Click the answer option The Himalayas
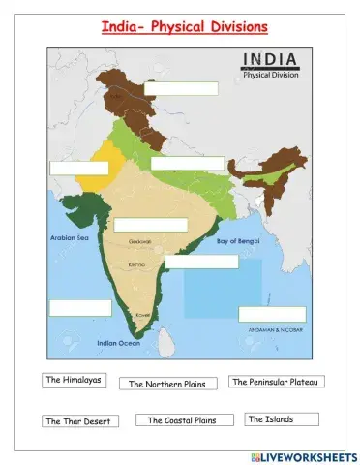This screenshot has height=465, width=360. [x=74, y=380]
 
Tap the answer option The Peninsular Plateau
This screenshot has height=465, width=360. [x=276, y=382]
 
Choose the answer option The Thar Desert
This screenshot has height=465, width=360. [x=80, y=421]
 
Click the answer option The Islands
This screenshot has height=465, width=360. [x=270, y=419]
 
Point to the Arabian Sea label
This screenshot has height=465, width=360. [x=68, y=235]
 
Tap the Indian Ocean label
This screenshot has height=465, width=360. [x=119, y=342]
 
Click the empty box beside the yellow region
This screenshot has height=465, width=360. [x=78, y=168]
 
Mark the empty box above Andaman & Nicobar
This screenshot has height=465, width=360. [x=272, y=314]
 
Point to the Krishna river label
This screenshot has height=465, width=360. [x=138, y=263]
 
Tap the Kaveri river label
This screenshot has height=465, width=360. [x=144, y=315]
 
